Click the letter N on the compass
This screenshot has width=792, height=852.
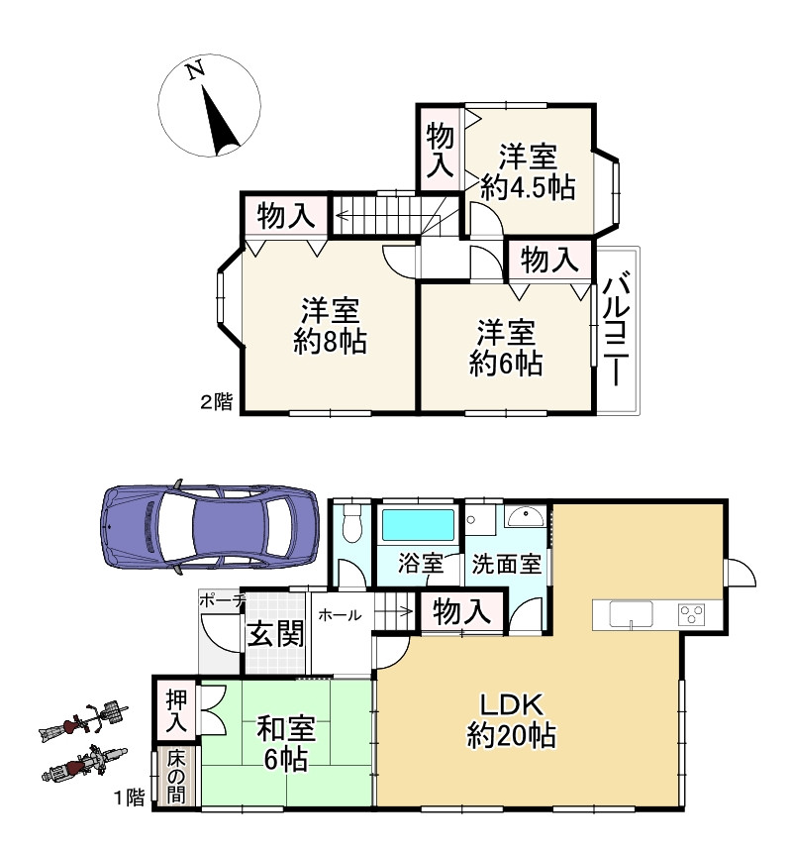(195, 70)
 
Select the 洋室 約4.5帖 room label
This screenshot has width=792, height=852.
(529, 172)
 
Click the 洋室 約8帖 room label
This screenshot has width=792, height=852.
(330, 326)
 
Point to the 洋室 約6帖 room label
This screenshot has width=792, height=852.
(506, 348)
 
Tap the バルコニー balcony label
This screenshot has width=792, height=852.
(617, 328)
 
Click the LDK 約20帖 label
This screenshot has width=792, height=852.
(512, 720)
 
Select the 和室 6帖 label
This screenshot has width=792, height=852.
(286, 744)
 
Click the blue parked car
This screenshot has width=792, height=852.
(209, 525)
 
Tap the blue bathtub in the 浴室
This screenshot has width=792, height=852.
(418, 525)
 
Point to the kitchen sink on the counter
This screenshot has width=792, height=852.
(631, 614)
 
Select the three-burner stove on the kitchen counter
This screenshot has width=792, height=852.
(692, 614)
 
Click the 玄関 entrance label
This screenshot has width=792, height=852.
(275, 633)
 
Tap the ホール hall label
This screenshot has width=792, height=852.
(340, 615)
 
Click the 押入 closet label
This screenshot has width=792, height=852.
(176, 709)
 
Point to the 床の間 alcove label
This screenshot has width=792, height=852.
(176, 776)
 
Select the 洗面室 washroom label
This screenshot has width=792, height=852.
(507, 564)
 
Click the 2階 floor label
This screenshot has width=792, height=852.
(217, 402)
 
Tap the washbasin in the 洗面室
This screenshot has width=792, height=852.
(525, 516)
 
